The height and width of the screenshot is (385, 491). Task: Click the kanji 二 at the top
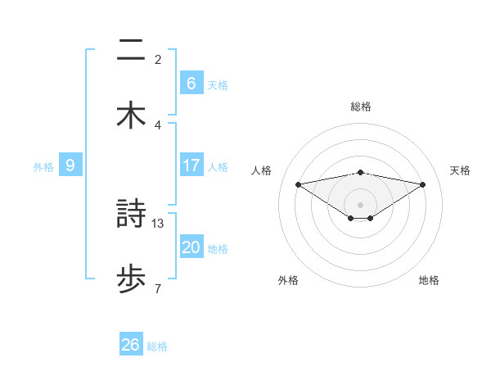coord(131,51)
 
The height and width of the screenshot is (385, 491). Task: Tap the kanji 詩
coord(131,215)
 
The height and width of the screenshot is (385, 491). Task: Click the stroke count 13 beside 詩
coord(158,223)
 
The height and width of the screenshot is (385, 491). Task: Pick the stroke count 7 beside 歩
coord(157,288)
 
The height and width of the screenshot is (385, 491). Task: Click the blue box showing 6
coord(191,84)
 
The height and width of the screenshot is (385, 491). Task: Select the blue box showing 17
coord(191,165)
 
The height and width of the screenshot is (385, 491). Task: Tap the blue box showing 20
coord(191,247)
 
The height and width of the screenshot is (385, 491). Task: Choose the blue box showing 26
coord(131,345)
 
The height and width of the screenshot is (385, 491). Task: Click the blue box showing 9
coord(70,165)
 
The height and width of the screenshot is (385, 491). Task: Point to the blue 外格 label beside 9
coord(43,166)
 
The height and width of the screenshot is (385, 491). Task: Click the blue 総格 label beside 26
coord(157,346)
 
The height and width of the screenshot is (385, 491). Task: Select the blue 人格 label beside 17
coord(218,166)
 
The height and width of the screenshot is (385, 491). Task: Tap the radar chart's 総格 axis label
coord(360,106)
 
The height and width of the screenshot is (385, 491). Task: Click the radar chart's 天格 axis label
coord(461,170)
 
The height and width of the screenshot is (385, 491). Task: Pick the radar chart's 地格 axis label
coord(429,280)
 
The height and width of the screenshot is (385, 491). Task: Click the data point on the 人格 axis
coord(299,184)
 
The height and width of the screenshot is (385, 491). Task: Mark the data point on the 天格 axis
coord(423,184)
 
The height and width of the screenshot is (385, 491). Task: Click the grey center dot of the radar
coord(360,204)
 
